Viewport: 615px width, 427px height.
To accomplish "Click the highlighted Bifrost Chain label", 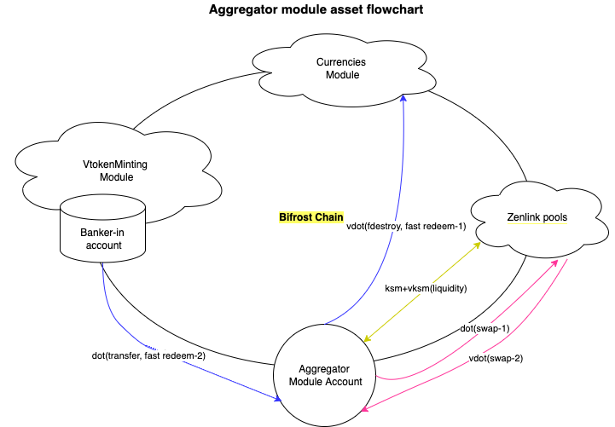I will click(311, 217).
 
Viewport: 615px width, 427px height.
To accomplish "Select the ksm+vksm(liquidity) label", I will click(426, 288).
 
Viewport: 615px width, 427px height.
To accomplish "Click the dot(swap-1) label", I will click(484, 328).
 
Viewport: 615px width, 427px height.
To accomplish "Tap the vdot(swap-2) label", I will click(496, 359).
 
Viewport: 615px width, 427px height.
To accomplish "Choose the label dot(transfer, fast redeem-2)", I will click(149, 355).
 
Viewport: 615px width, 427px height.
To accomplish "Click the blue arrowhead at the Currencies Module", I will click(405, 97).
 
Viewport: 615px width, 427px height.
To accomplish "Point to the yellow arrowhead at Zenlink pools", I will click(479, 241).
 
